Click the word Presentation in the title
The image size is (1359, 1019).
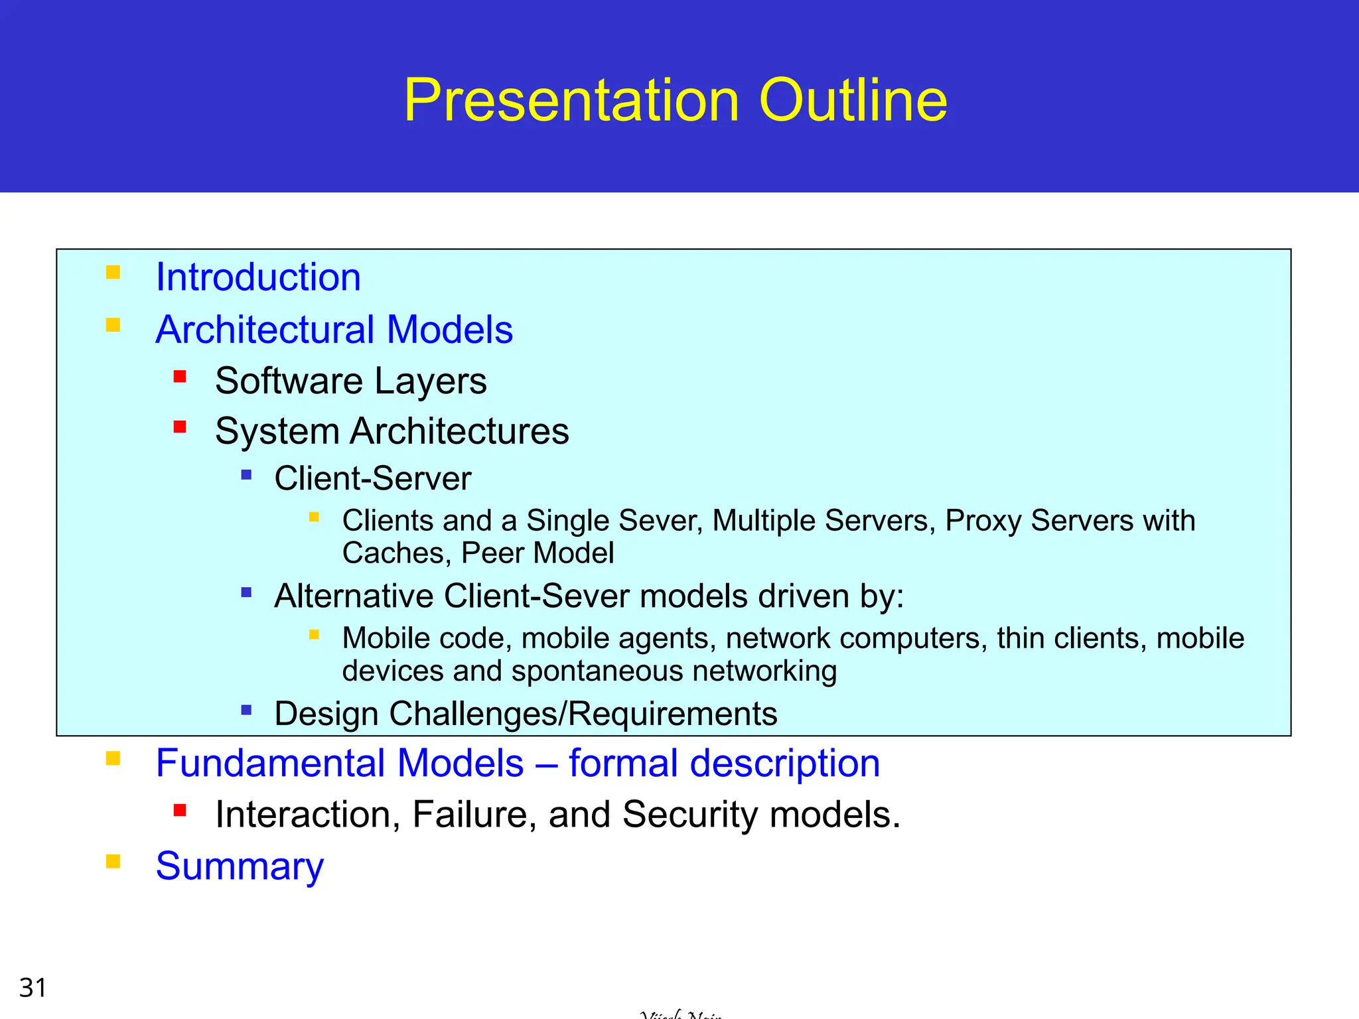click(x=571, y=101)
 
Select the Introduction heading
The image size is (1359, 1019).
click(x=258, y=277)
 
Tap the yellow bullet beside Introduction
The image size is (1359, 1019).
click(x=113, y=273)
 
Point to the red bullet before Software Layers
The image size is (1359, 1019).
click(x=180, y=377)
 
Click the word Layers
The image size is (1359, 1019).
click(x=430, y=381)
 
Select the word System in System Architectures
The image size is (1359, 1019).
click(x=277, y=432)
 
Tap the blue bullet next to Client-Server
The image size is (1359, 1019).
click(x=247, y=475)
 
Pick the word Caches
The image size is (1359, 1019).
click(x=397, y=553)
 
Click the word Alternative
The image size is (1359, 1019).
click(x=354, y=596)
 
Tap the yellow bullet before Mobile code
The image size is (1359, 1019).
click(x=315, y=635)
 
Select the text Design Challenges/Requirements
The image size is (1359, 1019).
click(x=526, y=714)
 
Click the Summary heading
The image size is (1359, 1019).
click(x=240, y=866)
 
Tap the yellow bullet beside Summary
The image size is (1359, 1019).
click(x=113, y=862)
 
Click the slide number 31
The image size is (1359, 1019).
click(x=33, y=988)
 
